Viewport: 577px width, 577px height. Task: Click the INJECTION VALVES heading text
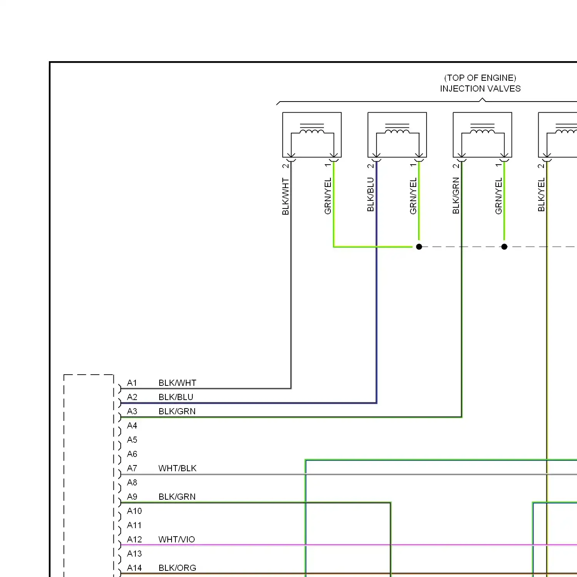pyautogui.click(x=480, y=89)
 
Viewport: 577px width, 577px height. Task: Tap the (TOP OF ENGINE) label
pyautogui.click(x=480, y=78)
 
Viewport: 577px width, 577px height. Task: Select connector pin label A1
pyautogui.click(x=132, y=383)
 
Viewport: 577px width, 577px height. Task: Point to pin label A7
pyautogui.click(x=132, y=469)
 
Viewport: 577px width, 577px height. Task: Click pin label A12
pyautogui.click(x=134, y=540)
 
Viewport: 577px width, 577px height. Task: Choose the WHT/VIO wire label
pyautogui.click(x=177, y=540)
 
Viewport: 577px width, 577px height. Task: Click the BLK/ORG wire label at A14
pyautogui.click(x=177, y=568)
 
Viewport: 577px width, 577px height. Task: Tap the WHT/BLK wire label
pyautogui.click(x=177, y=469)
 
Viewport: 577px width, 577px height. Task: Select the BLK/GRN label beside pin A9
pyautogui.click(x=177, y=497)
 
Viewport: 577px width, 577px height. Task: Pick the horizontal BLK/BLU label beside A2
pyautogui.click(x=176, y=397)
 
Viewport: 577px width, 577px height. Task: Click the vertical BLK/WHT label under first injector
pyautogui.click(x=285, y=196)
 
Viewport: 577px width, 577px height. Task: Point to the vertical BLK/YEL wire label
pyautogui.click(x=541, y=195)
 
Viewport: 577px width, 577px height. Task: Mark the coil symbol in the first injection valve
pyautogui.click(x=312, y=132)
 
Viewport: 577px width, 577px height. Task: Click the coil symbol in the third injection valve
pyautogui.click(x=482, y=132)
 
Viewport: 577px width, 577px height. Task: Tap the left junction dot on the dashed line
pyautogui.click(x=419, y=247)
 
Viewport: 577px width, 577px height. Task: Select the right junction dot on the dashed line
pyautogui.click(x=504, y=247)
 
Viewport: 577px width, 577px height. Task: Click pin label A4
pyautogui.click(x=132, y=426)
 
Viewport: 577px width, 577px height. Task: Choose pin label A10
pyautogui.click(x=134, y=511)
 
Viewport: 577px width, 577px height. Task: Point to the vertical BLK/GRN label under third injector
pyautogui.click(x=456, y=196)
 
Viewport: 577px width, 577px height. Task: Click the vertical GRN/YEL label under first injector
pyautogui.click(x=328, y=196)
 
